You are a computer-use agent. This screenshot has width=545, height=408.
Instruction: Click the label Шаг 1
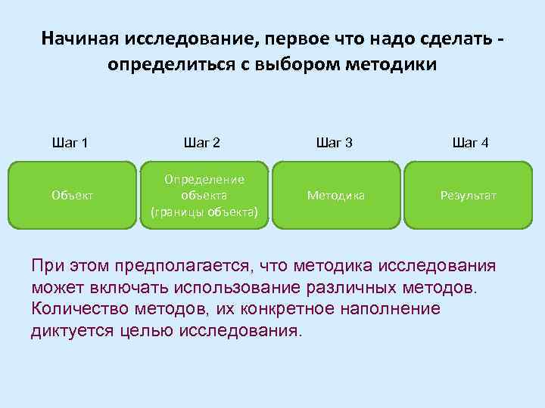[x=70, y=142]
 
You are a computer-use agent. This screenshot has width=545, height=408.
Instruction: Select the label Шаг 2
[x=202, y=142]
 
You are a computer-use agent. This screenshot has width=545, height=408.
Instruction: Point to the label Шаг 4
[x=469, y=142]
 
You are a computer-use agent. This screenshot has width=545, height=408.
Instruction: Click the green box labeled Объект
[x=73, y=195]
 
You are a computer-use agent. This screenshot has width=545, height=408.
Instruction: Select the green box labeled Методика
[x=336, y=195]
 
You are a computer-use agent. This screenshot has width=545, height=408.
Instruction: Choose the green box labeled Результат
[x=469, y=195]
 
